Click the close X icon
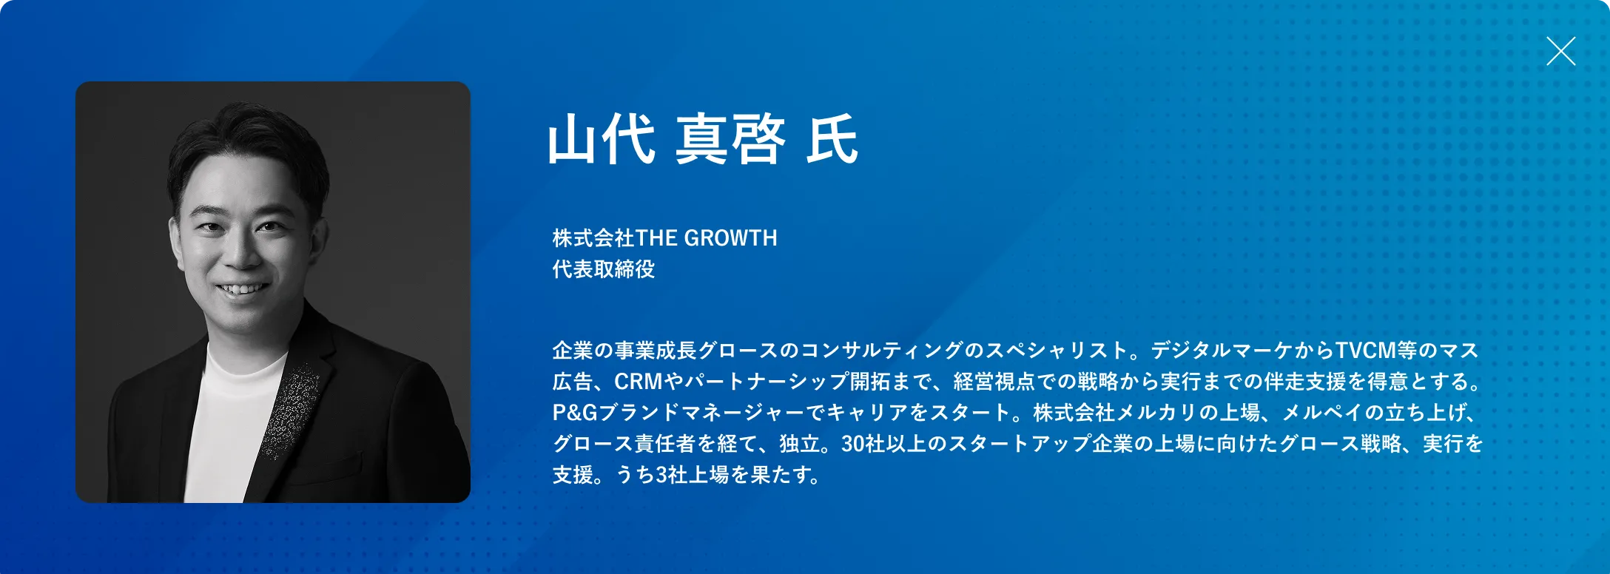1560,51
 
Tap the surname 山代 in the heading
601,139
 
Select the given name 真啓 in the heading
730,139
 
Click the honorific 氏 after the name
832,139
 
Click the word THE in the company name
656,238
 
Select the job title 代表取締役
604,269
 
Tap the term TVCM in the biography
1365,350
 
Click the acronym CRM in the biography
639,382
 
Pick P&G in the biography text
575,413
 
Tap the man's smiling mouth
241,288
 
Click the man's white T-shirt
226,422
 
